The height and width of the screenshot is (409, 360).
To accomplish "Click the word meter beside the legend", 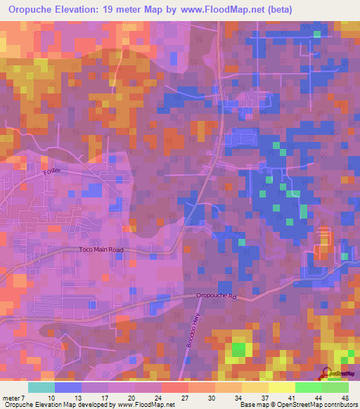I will pyautogui.click(x=13, y=397).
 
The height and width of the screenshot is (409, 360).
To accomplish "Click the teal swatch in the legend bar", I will pyautogui.click(x=41, y=387).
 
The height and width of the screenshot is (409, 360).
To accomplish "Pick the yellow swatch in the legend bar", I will pyautogui.click(x=281, y=387).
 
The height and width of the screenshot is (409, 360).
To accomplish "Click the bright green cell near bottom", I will pyautogui.click(x=239, y=348).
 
